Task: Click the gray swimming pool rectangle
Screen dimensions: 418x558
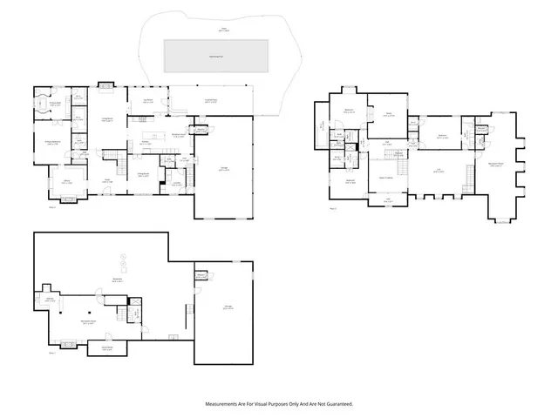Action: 216,55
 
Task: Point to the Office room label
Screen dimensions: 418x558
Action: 65,181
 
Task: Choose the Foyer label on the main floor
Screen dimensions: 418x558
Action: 107,180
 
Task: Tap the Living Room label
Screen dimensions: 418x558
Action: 111,120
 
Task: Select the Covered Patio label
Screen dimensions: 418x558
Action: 210,102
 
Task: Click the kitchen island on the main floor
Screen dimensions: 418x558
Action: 154,134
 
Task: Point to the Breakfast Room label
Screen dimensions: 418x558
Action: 178,135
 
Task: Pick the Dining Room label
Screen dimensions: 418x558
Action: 141,175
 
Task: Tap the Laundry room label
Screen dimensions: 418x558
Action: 177,183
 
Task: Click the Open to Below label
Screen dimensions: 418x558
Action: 388,177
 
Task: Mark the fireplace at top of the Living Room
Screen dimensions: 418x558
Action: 106,86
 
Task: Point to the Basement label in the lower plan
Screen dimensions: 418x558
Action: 117,280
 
